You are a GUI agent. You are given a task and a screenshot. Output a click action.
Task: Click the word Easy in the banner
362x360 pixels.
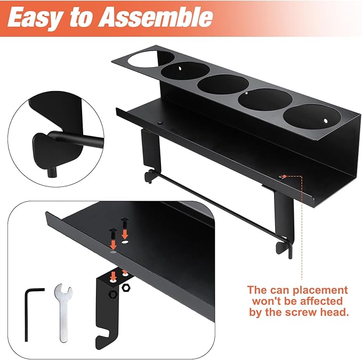pyautogui.click(x=35, y=18)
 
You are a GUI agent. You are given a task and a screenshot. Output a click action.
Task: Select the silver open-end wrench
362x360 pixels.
pyautogui.click(x=63, y=313)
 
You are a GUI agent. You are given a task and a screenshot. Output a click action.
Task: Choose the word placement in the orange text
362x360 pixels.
pyautogui.click(x=320, y=290)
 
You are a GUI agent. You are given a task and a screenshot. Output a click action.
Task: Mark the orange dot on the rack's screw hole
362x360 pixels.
pyautogui.click(x=285, y=176)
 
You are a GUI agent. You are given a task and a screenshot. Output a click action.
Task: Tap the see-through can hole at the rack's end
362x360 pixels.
pyautogui.click(x=150, y=59)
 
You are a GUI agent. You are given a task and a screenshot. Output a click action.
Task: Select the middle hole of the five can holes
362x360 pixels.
pyautogui.click(x=223, y=84)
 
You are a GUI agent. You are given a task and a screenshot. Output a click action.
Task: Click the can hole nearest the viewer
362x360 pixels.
pyautogui.click(x=312, y=117)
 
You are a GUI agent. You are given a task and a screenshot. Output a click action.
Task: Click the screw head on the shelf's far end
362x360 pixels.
pyautogui.click(x=160, y=123)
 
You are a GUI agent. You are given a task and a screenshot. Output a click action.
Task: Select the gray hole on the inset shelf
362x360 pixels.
pyautogui.click(x=114, y=252)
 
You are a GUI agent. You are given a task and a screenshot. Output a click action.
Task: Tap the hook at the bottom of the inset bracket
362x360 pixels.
pyautogui.click(x=103, y=337)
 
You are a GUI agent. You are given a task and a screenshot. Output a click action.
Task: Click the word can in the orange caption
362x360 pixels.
pyautogui.click(x=280, y=291)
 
